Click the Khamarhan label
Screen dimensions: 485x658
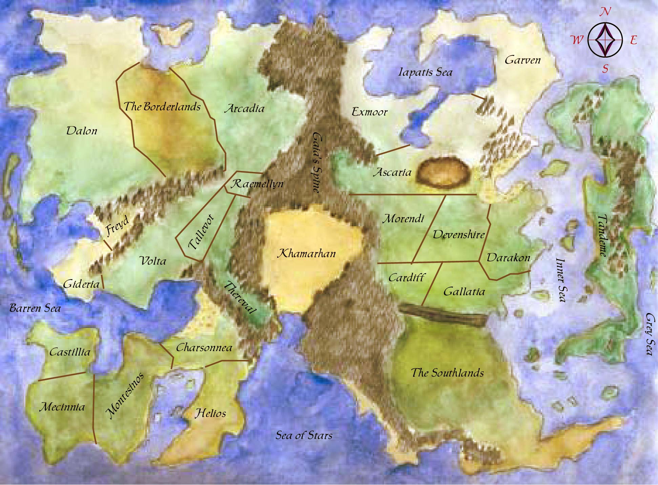pos(306,254)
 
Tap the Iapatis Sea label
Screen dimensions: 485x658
pos(425,72)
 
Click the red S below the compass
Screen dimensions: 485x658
pos(605,69)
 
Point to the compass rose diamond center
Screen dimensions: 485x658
pos(605,40)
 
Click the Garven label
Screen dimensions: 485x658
pos(522,60)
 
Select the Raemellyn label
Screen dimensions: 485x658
pos(257,184)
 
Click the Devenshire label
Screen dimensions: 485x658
pos(458,235)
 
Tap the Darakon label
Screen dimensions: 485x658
pos(508,258)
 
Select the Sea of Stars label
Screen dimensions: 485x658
pos(304,435)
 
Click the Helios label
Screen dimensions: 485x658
pos(210,413)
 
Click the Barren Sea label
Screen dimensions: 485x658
pos(35,308)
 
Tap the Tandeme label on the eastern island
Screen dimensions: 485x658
pos(602,236)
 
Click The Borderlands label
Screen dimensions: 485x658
pos(162,107)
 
